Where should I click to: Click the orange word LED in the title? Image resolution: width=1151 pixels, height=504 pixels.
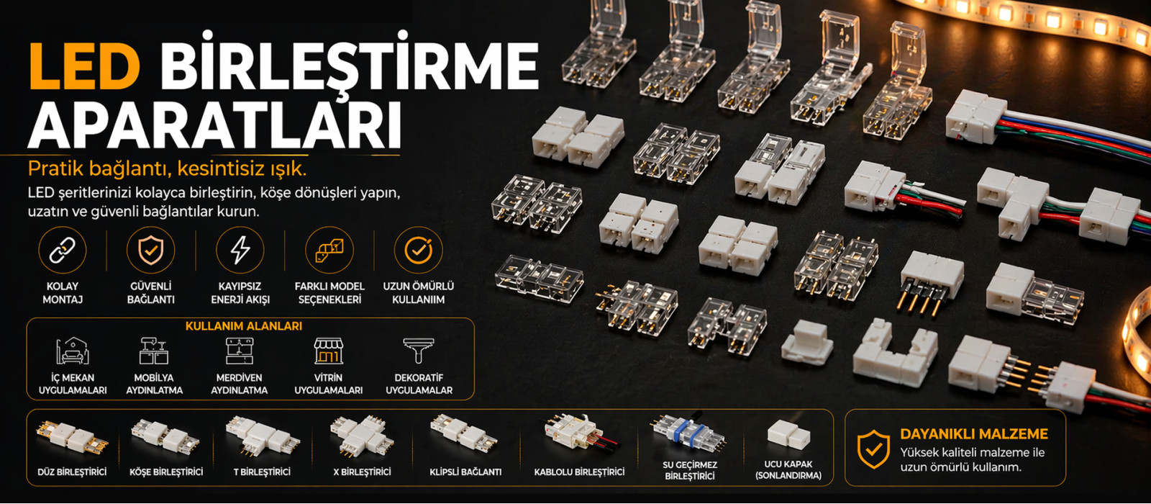tap(84, 66)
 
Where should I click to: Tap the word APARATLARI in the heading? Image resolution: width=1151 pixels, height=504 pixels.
tap(215, 125)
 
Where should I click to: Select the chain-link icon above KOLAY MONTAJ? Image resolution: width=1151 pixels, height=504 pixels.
tap(62, 251)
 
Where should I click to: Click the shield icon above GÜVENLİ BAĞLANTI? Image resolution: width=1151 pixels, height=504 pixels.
tap(150, 251)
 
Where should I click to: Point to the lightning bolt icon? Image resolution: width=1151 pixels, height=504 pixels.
tap(240, 251)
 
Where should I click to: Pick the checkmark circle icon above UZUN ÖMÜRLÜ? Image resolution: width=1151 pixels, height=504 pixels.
tap(418, 251)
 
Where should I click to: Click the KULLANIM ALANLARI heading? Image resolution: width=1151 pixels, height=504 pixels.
tap(244, 326)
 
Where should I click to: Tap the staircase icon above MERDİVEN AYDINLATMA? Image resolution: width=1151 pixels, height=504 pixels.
tap(240, 351)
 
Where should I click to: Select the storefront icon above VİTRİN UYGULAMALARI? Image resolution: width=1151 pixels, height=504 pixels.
tap(328, 351)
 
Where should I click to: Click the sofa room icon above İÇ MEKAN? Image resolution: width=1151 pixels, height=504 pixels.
tap(73, 351)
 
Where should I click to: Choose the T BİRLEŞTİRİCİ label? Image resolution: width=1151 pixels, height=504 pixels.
tap(262, 472)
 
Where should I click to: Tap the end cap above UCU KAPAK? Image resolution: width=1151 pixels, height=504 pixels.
tap(788, 435)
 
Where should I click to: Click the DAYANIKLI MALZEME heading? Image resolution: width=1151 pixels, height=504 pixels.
tap(974, 434)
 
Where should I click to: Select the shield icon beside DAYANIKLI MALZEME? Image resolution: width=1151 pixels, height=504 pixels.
tap(873, 449)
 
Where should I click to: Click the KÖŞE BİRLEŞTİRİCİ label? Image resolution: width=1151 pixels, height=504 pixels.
tap(166, 472)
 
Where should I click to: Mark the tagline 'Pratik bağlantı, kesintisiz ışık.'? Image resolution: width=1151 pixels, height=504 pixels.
tap(167, 168)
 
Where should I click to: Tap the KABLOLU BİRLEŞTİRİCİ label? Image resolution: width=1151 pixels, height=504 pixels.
tap(579, 472)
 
